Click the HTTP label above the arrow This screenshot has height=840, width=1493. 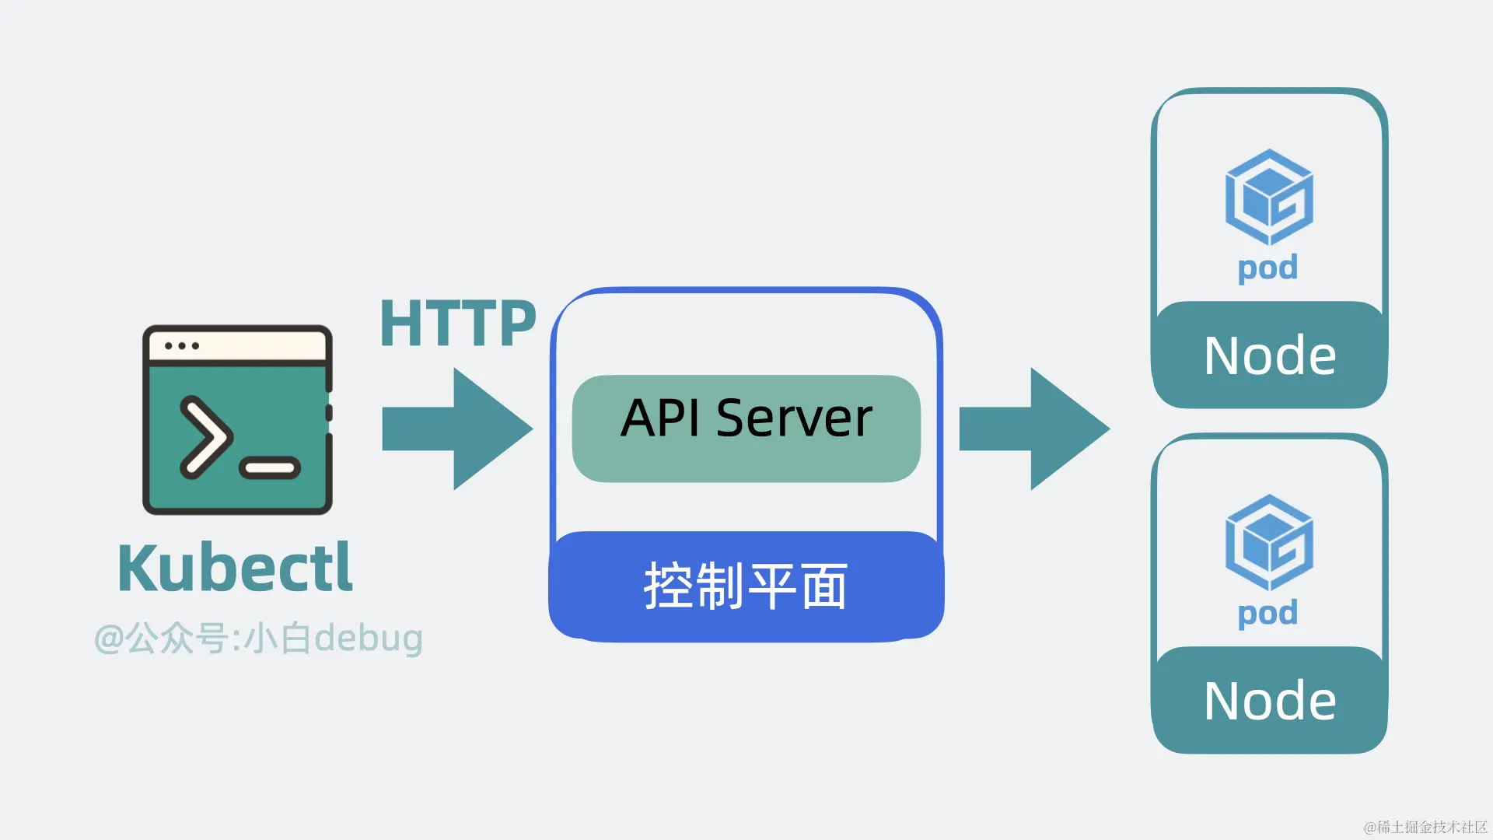click(x=457, y=324)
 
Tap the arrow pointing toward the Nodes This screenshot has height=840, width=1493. click(x=1034, y=429)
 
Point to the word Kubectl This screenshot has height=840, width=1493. click(x=235, y=569)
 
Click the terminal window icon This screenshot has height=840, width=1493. click(x=237, y=420)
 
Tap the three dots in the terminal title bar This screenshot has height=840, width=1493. click(x=182, y=345)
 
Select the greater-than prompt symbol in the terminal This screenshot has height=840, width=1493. click(x=205, y=436)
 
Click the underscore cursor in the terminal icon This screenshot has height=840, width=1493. click(x=270, y=467)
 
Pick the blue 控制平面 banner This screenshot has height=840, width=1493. click(x=746, y=586)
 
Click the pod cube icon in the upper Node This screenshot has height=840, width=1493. click(x=1269, y=197)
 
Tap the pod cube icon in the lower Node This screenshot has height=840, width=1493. click(x=1269, y=542)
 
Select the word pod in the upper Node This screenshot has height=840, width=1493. click(x=1267, y=268)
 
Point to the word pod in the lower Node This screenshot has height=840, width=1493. click(x=1267, y=614)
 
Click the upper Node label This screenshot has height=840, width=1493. click(x=1269, y=355)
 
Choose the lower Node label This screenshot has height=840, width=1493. click(x=1269, y=701)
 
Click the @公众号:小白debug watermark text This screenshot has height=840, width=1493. click(x=258, y=638)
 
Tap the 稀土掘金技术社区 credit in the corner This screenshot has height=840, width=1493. click(x=1425, y=827)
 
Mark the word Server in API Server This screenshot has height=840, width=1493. click(x=794, y=418)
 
